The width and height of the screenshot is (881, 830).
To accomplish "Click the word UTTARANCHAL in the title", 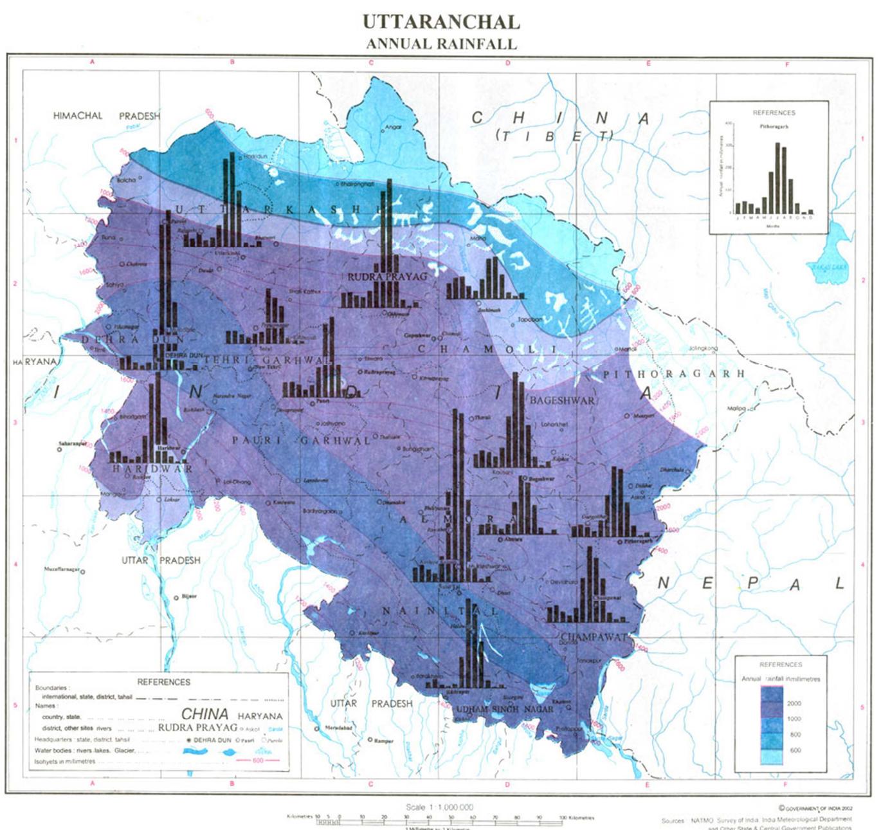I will pos(441,22).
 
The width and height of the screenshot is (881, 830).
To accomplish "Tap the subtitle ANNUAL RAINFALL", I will pos(441,44).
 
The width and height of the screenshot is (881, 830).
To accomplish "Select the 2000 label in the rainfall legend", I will pos(794,703).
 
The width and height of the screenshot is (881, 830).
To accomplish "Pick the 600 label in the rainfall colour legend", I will pos(795,750).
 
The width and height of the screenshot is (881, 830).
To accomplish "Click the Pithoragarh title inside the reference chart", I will pos(774,127).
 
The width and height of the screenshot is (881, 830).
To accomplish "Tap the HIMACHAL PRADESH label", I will pos(107,116).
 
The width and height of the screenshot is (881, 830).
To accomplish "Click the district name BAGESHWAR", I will pos(561,400).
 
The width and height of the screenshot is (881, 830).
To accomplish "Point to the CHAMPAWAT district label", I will pos(594,637).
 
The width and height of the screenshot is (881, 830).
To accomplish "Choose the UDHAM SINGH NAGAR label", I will pos(505,709).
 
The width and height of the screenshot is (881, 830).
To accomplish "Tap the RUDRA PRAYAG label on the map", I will pos(387,277).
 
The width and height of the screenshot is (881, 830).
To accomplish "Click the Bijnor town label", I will pos(189,596).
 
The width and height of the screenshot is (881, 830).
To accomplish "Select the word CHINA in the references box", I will pos(204,714).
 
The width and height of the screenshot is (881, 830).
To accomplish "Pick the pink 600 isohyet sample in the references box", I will pos(257,761).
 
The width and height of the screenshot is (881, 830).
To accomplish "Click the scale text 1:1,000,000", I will pos(440,807).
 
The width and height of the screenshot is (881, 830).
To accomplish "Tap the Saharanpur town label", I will pos(72,443).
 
